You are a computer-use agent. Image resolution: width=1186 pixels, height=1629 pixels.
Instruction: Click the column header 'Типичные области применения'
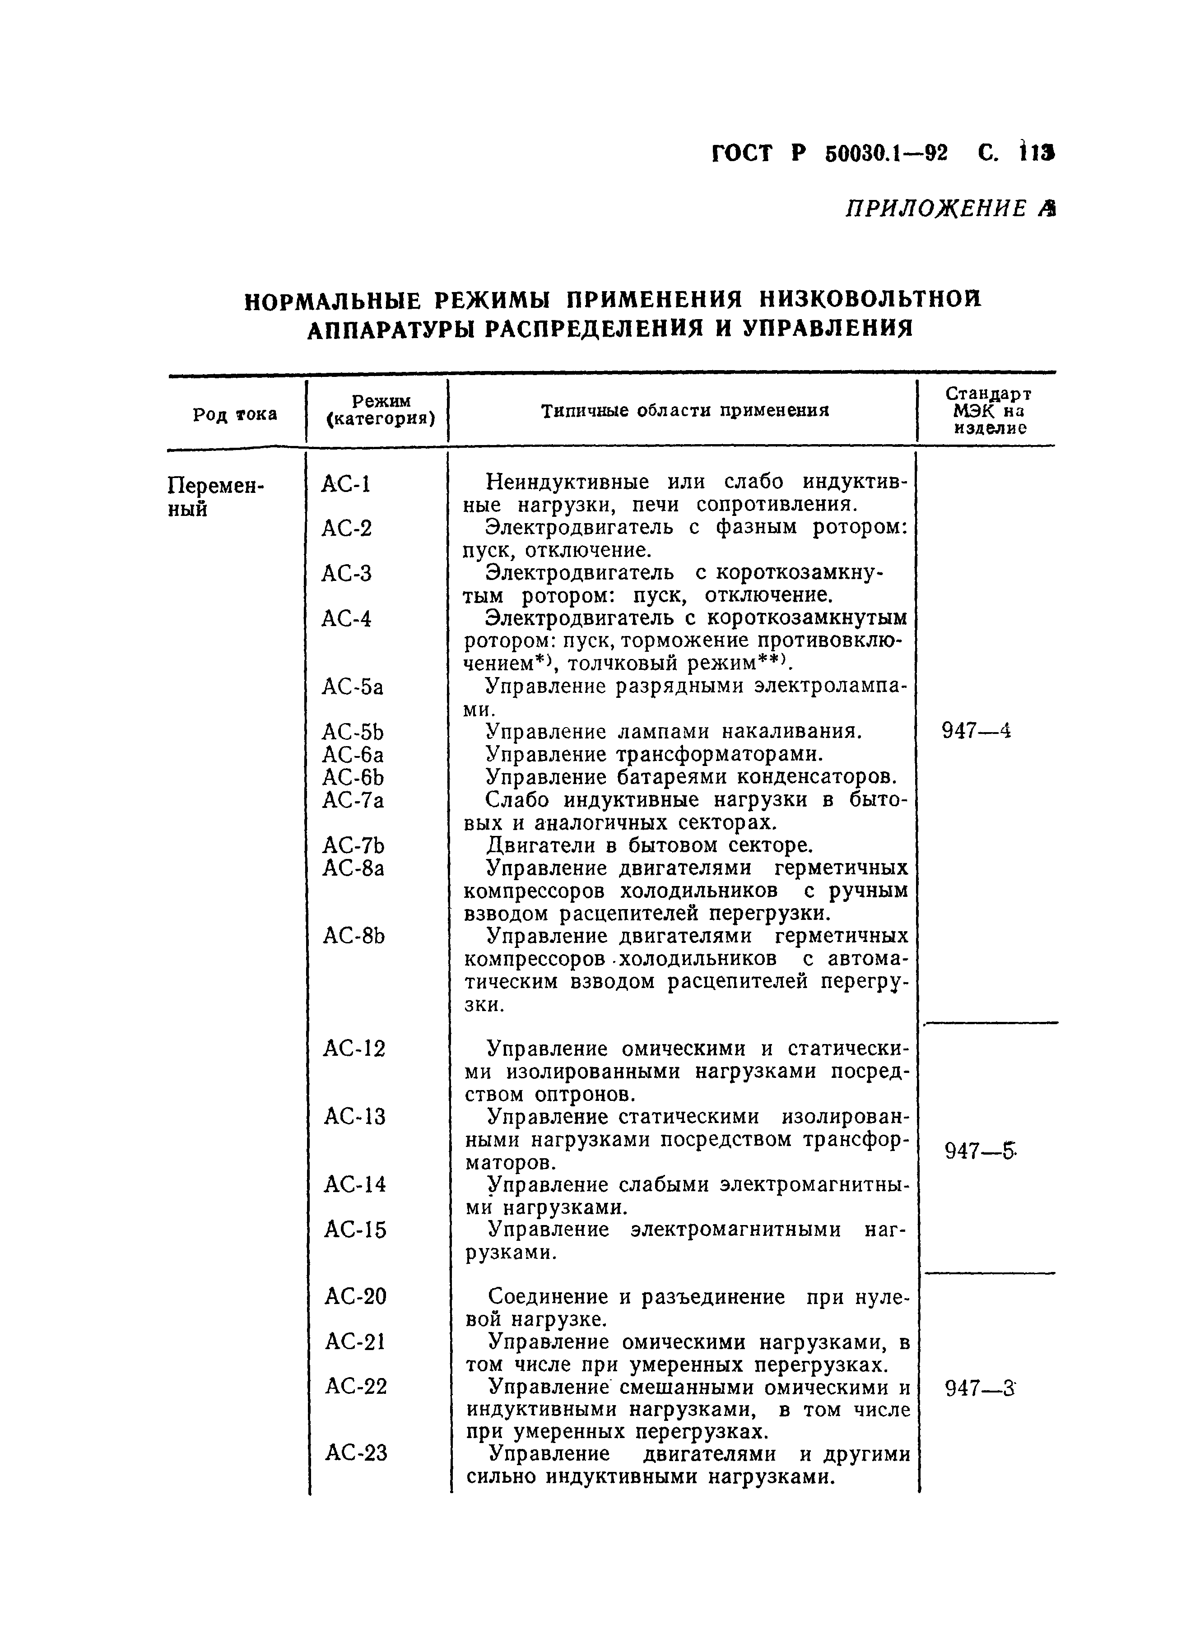click(684, 411)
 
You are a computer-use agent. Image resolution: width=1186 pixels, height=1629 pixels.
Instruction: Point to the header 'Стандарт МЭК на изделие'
click(988, 411)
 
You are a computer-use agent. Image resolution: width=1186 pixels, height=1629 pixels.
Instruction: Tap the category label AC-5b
click(353, 733)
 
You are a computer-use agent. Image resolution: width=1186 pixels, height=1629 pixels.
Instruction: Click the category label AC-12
click(354, 1049)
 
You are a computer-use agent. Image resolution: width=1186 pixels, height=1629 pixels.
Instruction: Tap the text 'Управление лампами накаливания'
click(673, 732)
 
